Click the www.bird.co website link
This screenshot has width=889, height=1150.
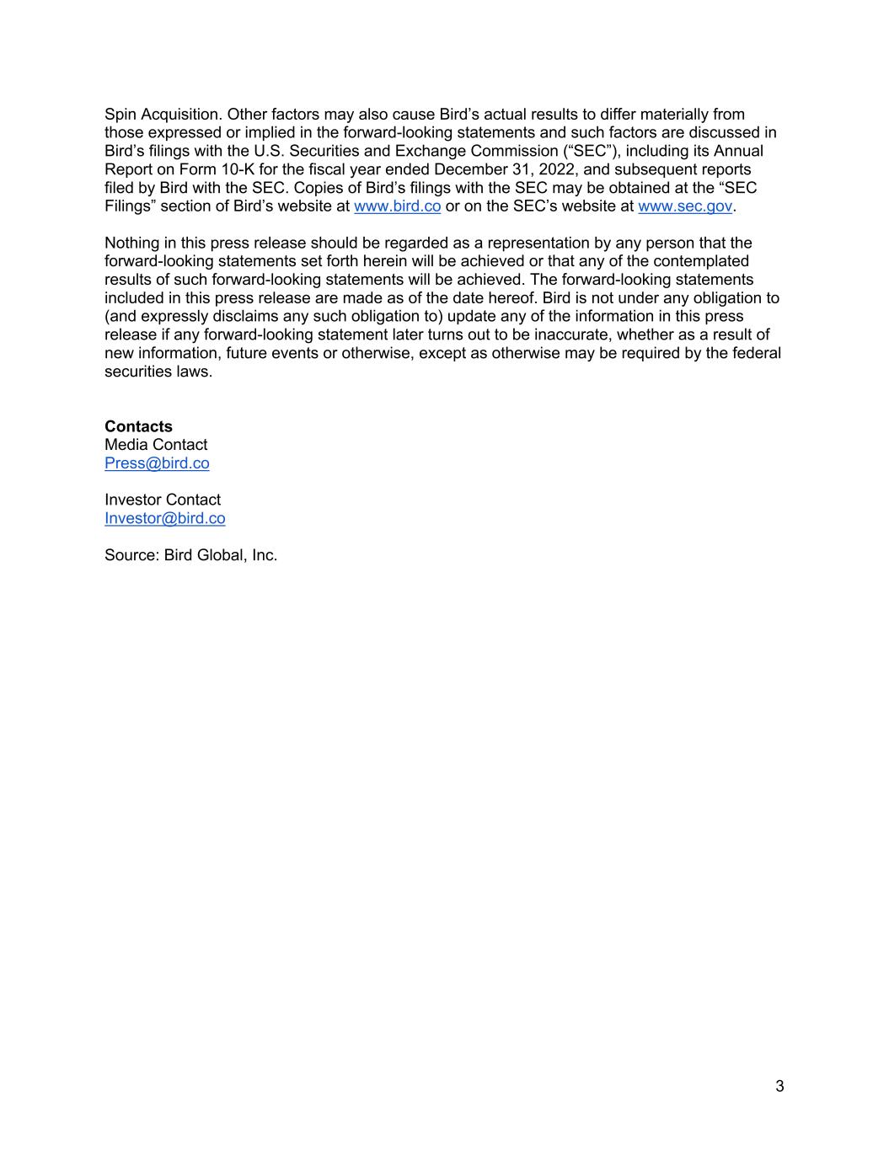click(397, 206)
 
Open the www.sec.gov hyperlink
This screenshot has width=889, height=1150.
click(685, 206)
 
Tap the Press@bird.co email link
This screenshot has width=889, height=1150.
click(157, 463)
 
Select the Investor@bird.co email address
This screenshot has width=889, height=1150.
click(165, 518)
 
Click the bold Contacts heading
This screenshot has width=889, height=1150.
click(138, 426)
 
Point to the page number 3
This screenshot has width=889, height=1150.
click(779, 1086)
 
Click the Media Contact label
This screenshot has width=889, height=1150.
click(156, 445)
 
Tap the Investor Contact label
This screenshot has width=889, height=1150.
click(163, 500)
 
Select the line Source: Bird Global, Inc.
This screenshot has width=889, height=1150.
click(191, 555)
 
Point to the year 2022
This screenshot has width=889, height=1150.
click(557, 169)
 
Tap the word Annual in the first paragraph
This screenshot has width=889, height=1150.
click(738, 151)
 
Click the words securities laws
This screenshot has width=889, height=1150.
click(158, 372)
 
